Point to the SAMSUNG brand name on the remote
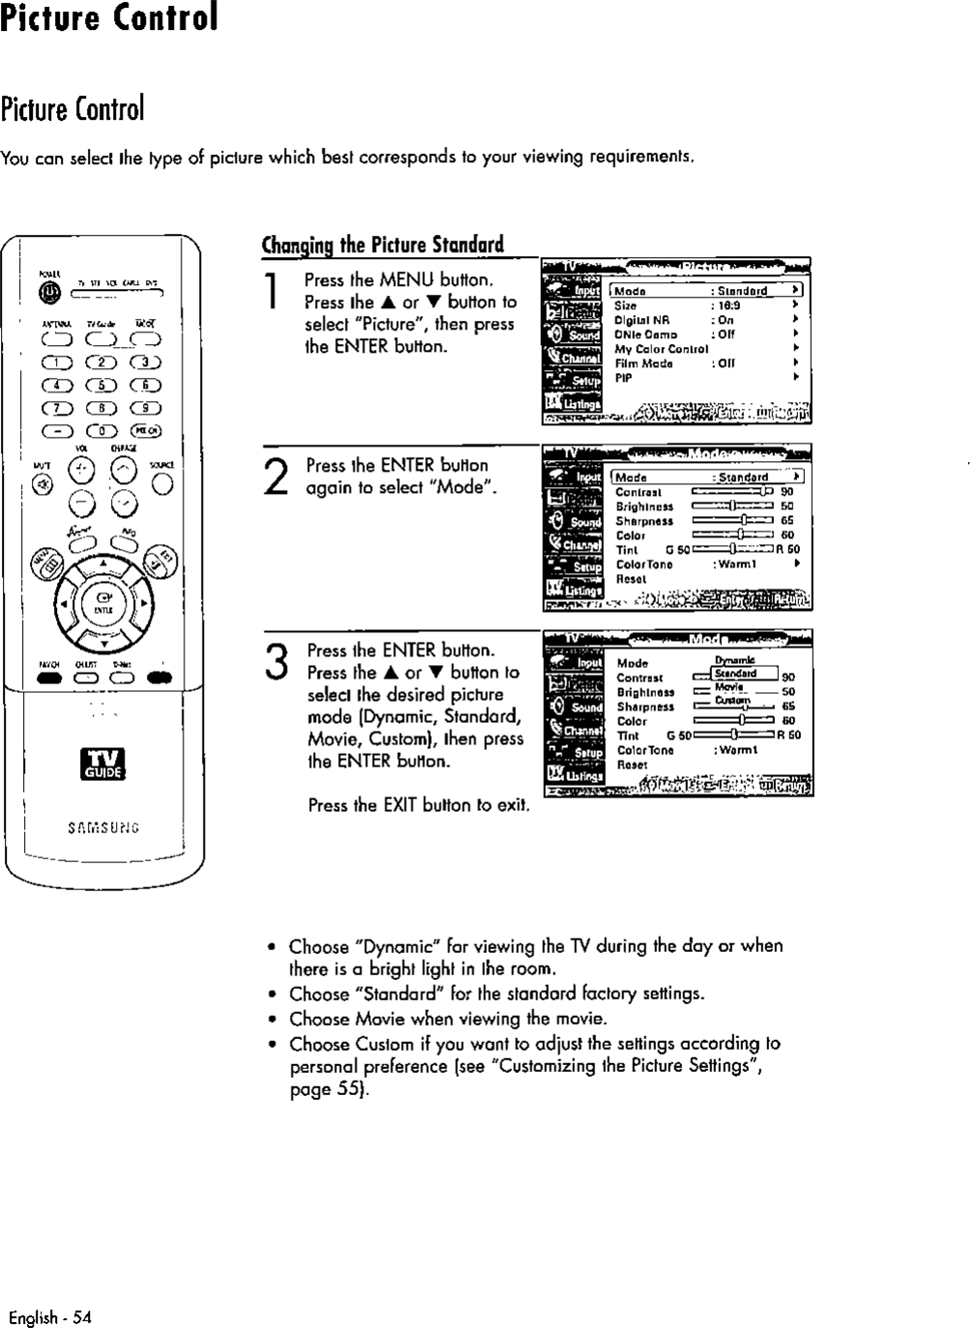pyautogui.click(x=102, y=827)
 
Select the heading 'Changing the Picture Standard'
pyautogui.click(x=383, y=244)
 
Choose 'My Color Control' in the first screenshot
pyautogui.click(x=662, y=349)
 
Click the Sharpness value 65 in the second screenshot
pyautogui.click(x=787, y=521)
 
